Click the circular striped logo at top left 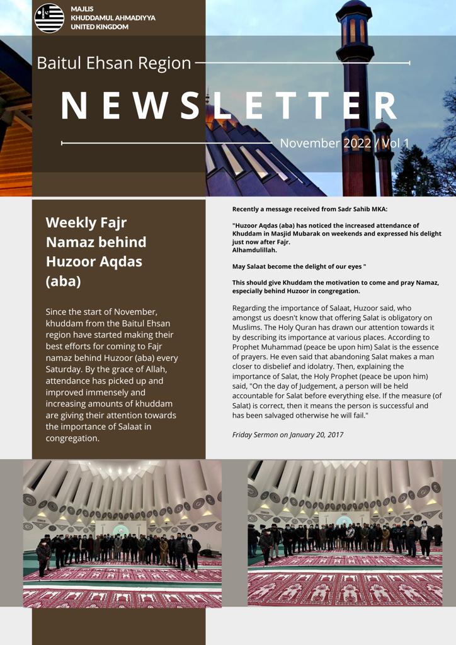(49, 18)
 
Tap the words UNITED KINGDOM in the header (100, 26)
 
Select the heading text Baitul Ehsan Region (114, 63)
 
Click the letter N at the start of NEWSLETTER (74, 106)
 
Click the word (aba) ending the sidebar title (63, 281)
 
